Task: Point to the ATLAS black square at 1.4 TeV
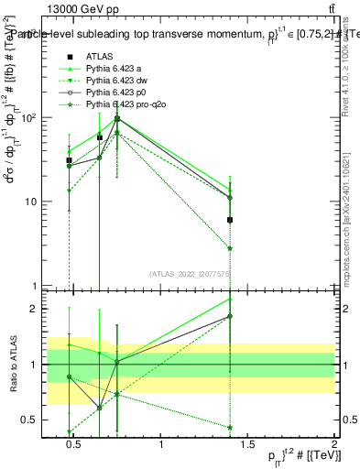tap(230, 220)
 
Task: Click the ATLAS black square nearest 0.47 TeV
tap(70, 160)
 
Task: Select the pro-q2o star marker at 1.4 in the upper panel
tap(230, 248)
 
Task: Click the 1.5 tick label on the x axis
tap(247, 445)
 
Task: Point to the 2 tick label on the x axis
tap(334, 445)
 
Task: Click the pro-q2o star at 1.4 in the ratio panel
tap(230, 427)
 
